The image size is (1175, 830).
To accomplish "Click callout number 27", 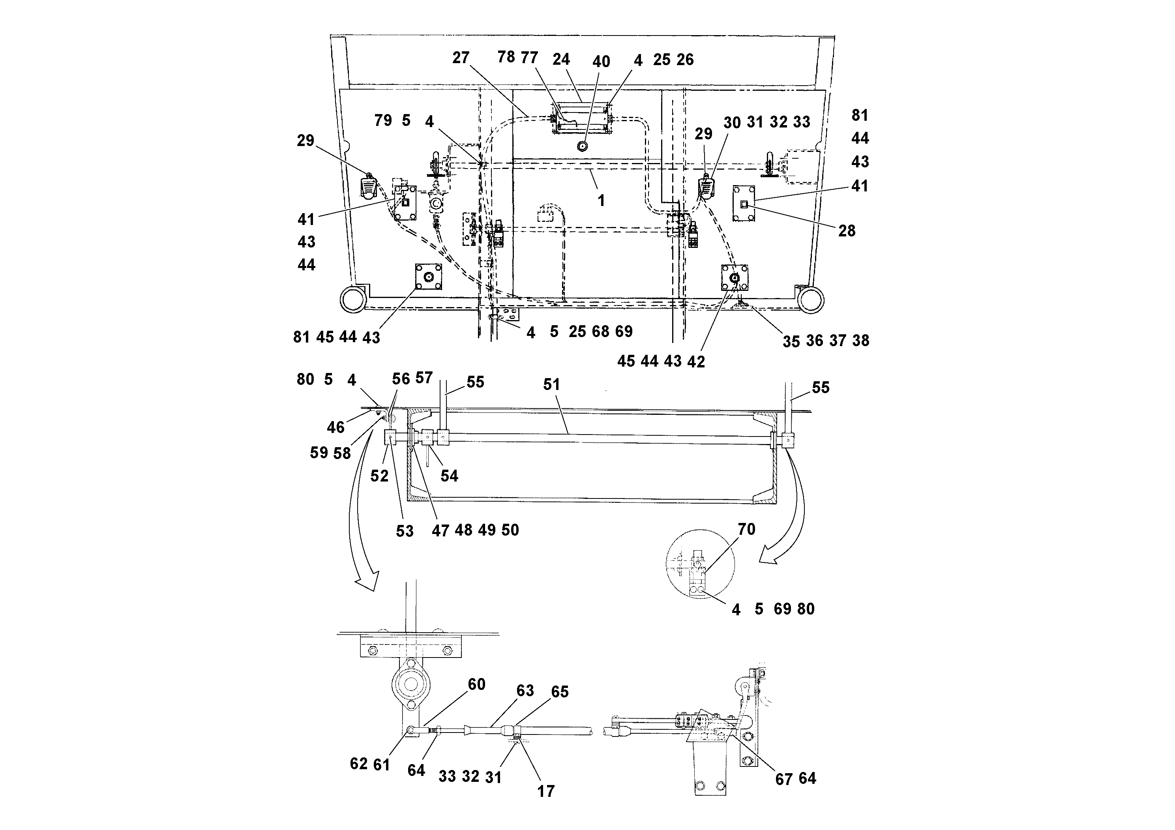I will [461, 58].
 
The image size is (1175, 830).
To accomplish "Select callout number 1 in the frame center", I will [602, 200].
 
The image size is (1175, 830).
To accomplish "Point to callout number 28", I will [847, 231].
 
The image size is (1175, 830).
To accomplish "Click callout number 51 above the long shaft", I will [551, 385].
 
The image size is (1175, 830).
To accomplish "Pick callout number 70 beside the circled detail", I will [746, 529].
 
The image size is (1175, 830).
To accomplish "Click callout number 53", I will [404, 531].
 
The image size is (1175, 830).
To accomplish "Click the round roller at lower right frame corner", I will [810, 300].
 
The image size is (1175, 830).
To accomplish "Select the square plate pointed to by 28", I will [744, 204].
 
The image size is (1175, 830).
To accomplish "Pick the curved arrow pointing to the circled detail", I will [788, 507].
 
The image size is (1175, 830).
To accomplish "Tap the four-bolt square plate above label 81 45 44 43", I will [428, 277].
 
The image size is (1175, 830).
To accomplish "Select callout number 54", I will [449, 476].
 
